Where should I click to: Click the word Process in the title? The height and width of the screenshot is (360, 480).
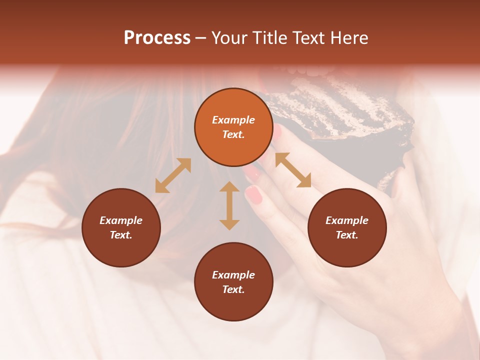pyautogui.click(x=157, y=38)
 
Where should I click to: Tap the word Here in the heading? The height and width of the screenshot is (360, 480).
pyautogui.click(x=348, y=38)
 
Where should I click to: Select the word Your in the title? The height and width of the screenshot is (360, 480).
pyautogui.click(x=229, y=38)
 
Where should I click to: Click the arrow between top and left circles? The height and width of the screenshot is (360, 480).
pyautogui.click(x=173, y=175)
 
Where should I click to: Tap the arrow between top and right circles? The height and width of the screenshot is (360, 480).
pyautogui.click(x=293, y=170)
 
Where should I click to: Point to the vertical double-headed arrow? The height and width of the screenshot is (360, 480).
pyautogui.click(x=229, y=205)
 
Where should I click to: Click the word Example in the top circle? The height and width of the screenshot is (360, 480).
pyautogui.click(x=233, y=120)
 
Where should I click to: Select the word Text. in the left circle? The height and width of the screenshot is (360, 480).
pyautogui.click(x=121, y=235)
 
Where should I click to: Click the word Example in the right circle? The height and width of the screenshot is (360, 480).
pyautogui.click(x=347, y=220)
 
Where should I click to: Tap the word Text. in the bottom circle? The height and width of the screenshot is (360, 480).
pyautogui.click(x=233, y=289)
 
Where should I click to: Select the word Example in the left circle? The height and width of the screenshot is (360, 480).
pyautogui.click(x=121, y=220)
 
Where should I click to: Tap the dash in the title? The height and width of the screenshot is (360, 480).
pyautogui.click(x=200, y=38)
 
